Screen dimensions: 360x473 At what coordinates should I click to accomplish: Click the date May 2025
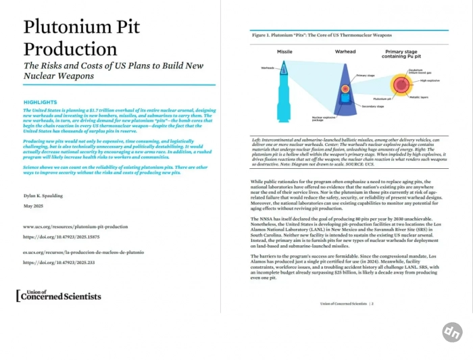point(33,205)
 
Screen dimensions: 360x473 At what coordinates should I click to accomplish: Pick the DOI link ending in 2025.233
point(58,262)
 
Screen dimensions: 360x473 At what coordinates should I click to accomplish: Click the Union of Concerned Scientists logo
point(59,295)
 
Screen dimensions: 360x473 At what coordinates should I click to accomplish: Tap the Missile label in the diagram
point(284,52)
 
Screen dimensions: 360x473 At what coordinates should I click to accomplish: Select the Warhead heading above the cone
point(345,52)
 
